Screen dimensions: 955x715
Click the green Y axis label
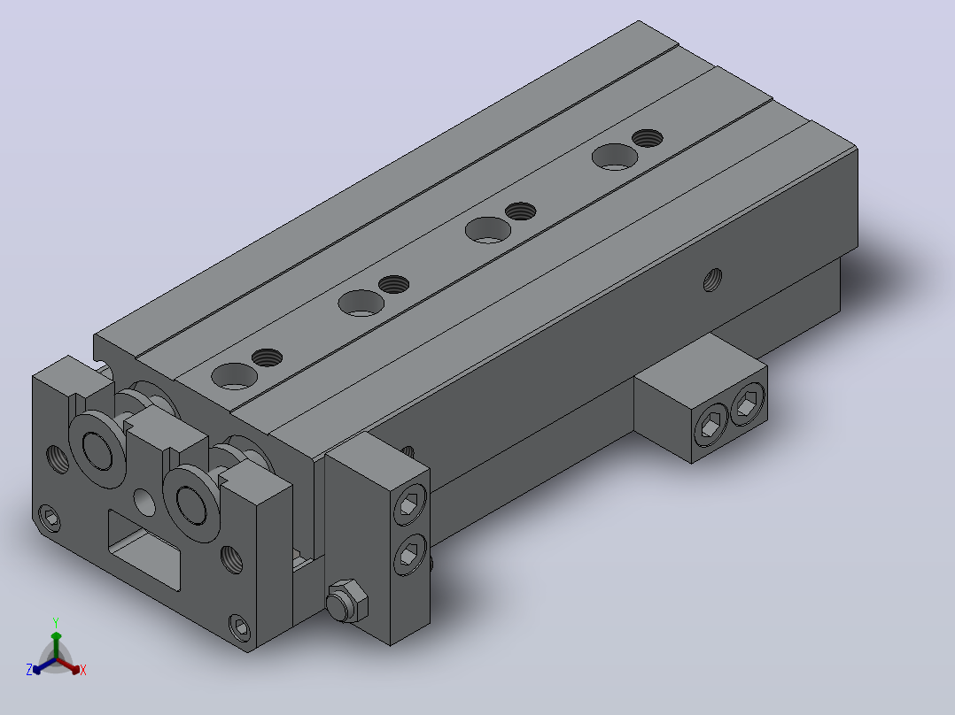coord(56,622)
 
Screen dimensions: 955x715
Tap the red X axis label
coord(83,670)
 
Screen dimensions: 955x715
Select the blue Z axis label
coord(28,669)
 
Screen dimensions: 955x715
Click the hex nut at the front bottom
coord(347,601)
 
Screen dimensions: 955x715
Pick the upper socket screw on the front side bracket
coord(410,504)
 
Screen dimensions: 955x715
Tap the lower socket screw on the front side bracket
coord(410,554)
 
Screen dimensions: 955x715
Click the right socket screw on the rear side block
coord(748,404)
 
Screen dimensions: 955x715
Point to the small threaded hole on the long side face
coord(712,280)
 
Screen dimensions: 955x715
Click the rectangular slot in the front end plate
coord(144,550)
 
